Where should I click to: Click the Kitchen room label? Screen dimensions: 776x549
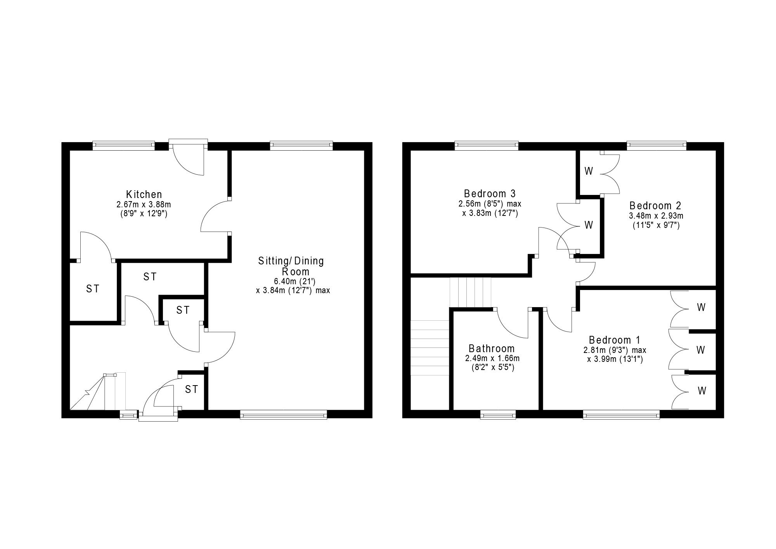(x=144, y=194)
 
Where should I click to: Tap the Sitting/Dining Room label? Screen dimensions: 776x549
(x=291, y=266)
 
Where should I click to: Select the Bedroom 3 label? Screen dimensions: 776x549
(x=490, y=193)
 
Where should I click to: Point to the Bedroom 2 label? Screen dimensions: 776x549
(x=655, y=205)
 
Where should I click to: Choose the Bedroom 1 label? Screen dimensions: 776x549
(x=615, y=340)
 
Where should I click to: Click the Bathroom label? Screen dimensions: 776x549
(x=492, y=349)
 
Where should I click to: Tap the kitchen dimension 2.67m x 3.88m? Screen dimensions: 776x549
(x=144, y=204)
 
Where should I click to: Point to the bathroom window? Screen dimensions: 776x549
(x=498, y=415)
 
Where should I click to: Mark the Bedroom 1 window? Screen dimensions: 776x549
(x=621, y=415)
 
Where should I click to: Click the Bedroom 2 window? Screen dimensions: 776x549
(x=656, y=146)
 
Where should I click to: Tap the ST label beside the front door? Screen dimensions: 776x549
(x=191, y=389)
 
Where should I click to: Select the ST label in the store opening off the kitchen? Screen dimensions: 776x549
(x=93, y=289)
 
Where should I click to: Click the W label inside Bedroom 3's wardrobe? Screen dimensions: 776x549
(x=589, y=225)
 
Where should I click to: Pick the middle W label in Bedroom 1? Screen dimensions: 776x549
(x=700, y=350)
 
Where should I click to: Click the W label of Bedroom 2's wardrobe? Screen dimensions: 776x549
(x=589, y=171)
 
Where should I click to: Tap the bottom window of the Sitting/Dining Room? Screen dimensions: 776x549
(x=284, y=415)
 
